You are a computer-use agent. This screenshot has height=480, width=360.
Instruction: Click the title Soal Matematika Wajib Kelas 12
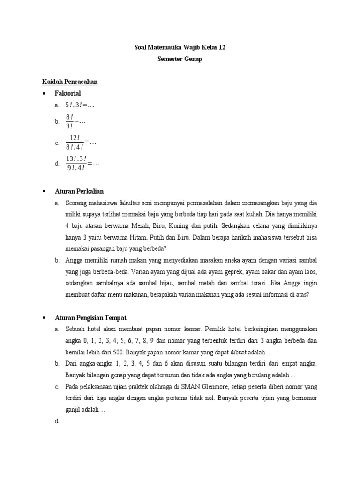(x=180, y=48)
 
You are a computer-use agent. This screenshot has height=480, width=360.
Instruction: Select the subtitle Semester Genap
(x=180, y=60)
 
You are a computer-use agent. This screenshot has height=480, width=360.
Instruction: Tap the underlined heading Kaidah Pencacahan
(x=69, y=82)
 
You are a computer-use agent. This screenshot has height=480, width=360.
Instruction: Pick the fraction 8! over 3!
(x=69, y=121)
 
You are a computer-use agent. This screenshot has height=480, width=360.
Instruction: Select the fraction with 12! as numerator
(x=75, y=142)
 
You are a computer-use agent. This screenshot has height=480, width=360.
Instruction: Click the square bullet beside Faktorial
(x=44, y=93)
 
